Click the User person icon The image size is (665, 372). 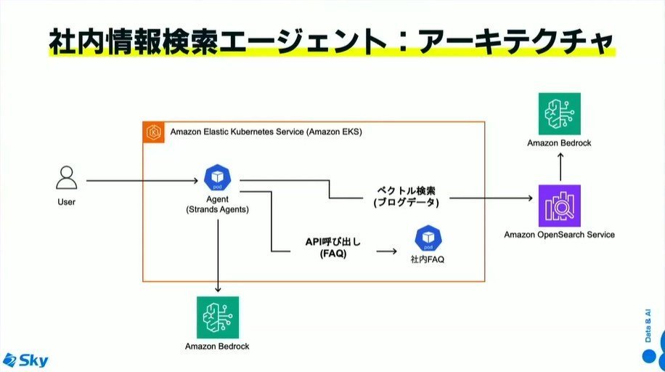pos(67,177)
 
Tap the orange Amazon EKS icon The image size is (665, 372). pos(153,132)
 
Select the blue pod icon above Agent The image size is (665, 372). pos(218,177)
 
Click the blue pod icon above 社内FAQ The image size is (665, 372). pos(428,238)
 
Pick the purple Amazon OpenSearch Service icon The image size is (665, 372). pos(560,206)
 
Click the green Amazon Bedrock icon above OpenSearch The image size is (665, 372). pos(560,114)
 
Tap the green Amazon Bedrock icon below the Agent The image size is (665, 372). pos(218,318)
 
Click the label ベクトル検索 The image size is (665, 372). pos(407,190)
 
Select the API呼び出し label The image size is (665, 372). pos(333,242)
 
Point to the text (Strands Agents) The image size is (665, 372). pos(218,209)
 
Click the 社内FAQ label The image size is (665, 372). pos(428,259)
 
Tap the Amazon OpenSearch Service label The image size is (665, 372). pos(560,235)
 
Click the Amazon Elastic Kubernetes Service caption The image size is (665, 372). pos(266,132)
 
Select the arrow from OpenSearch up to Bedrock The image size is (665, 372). pos(560,167)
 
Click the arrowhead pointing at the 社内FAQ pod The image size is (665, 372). pos(394,251)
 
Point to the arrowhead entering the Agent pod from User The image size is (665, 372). pos(195,181)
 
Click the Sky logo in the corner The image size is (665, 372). pos(25,360)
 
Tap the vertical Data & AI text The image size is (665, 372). pos(648,325)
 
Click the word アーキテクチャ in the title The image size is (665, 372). pos(516,41)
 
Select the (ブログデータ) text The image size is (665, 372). pos(407,202)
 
